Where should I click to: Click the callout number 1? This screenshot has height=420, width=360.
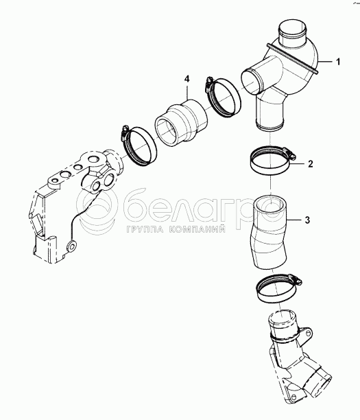[338, 62]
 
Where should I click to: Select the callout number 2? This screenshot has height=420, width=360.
[310, 163]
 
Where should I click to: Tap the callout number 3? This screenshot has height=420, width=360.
[307, 220]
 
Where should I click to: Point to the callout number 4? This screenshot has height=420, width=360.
[187, 79]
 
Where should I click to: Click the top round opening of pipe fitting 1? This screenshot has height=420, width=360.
[292, 27]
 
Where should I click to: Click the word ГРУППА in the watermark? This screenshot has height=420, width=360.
[145, 229]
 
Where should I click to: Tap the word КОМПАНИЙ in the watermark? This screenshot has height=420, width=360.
[197, 229]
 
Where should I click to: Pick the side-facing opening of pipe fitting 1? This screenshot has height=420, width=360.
[251, 81]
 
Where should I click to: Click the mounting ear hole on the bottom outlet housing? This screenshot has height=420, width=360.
[308, 333]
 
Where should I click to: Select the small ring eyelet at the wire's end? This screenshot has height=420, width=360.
[72, 246]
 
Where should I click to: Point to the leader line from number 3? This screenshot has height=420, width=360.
[294, 220]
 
